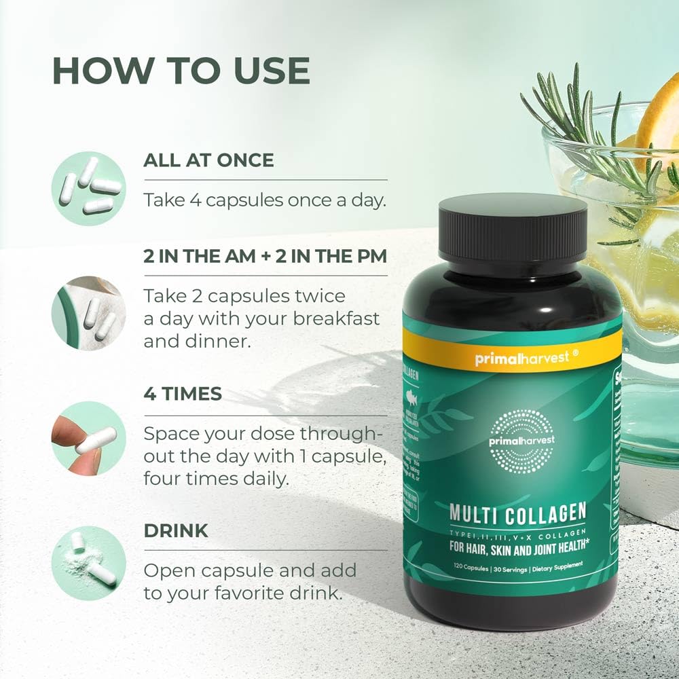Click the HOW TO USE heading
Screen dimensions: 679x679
[181, 70]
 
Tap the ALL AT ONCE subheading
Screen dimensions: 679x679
[208, 160]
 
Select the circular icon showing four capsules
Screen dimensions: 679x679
[88, 189]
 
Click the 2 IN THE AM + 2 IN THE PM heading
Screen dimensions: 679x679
[265, 257]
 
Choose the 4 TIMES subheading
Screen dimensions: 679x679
[183, 394]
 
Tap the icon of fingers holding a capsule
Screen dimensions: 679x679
[88, 438]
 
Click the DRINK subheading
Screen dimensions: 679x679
[176, 531]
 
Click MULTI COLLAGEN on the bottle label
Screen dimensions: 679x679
[509, 511]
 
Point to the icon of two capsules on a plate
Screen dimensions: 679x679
[88, 312]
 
